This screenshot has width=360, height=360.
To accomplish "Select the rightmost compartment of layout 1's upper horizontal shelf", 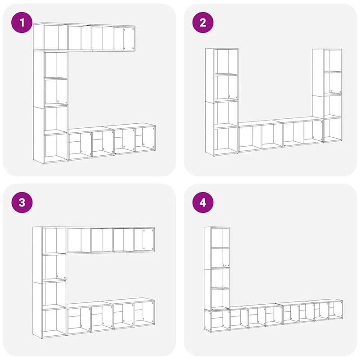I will pyautogui.click(x=124, y=38).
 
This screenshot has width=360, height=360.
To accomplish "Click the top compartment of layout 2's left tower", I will pyautogui.click(x=226, y=61).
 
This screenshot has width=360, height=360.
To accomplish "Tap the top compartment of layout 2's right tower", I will pyautogui.click(x=333, y=59).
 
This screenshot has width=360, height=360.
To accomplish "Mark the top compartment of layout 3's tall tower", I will pyautogui.click(x=55, y=240).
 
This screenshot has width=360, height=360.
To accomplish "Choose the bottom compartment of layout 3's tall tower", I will pyautogui.click(x=55, y=321).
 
